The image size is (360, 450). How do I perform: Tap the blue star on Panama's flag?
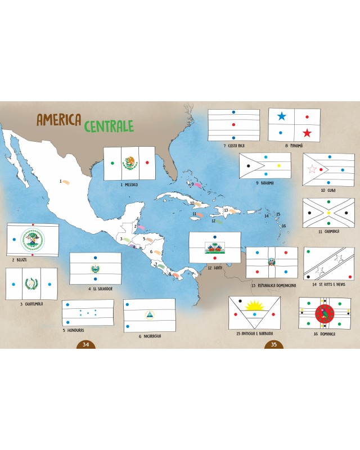pos(281,116)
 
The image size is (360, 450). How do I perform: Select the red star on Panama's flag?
pos(307,133)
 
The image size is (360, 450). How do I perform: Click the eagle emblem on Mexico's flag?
pos(130,163)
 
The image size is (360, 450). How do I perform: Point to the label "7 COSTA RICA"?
pos(233,146)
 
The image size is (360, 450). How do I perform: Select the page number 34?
pos(85,344)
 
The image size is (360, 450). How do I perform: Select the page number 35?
pos(274,344)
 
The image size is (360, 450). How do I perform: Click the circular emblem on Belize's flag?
pos(32,240)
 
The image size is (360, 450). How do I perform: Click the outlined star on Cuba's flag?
pos(312,169)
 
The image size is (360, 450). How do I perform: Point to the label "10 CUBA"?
pos(327,190)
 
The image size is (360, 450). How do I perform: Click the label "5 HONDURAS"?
pos(73,330)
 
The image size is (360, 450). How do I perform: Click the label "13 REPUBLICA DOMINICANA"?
pos(273,285)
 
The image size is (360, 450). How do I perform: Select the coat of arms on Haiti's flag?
pos(214,248)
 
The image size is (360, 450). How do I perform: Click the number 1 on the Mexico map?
pos(60,181)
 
